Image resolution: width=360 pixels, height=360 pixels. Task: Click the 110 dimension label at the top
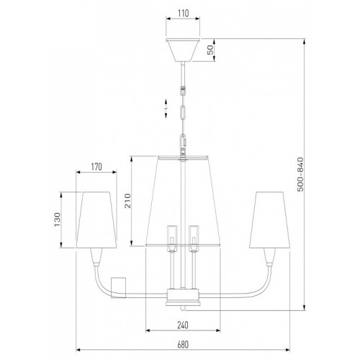(184, 13)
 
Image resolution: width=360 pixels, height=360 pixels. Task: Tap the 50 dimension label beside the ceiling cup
(210, 50)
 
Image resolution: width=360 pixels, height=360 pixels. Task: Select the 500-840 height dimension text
(300, 174)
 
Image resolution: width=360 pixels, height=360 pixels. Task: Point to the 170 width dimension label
(96, 166)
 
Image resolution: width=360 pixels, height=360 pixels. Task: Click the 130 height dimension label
(57, 220)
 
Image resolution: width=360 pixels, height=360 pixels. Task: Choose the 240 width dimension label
(183, 325)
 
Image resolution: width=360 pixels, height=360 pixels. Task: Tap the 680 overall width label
(183, 345)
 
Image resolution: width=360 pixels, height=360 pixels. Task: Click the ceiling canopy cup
(183, 49)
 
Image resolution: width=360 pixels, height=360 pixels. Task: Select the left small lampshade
(96, 220)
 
